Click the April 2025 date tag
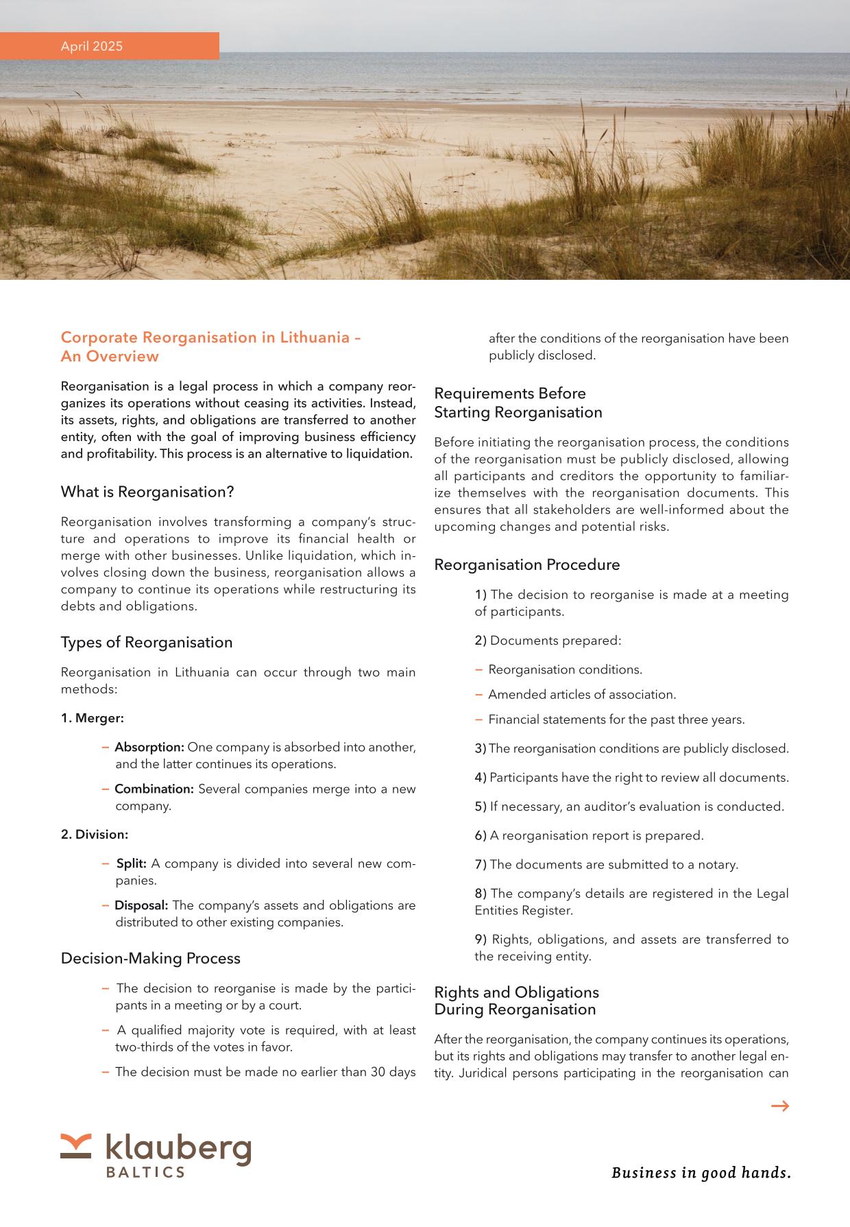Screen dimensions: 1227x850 point(92,47)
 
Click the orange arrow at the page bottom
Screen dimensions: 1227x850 point(779,1106)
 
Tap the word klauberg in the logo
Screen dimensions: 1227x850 point(178,1148)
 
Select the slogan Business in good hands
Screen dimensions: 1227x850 point(701,1173)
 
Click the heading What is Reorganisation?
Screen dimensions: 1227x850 point(147,492)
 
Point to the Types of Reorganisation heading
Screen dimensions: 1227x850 point(147,642)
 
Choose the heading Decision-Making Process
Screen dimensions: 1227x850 point(151,958)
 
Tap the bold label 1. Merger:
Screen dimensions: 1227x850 point(93,718)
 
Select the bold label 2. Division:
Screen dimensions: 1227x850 point(95,835)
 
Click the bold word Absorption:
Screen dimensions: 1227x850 point(149,747)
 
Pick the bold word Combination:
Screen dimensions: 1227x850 point(154,789)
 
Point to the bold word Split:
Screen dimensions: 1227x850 point(132,863)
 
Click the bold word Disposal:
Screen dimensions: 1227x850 point(141,905)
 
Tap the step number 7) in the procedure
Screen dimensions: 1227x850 point(481,864)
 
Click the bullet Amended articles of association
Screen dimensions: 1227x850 point(582,695)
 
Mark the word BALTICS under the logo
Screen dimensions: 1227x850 point(145,1172)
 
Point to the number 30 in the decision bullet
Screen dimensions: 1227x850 point(380,1072)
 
